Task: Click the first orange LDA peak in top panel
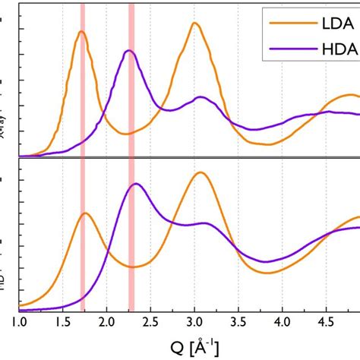81,32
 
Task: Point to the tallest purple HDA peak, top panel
129,51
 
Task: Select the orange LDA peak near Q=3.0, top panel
195,23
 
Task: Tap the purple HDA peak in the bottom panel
136,184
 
